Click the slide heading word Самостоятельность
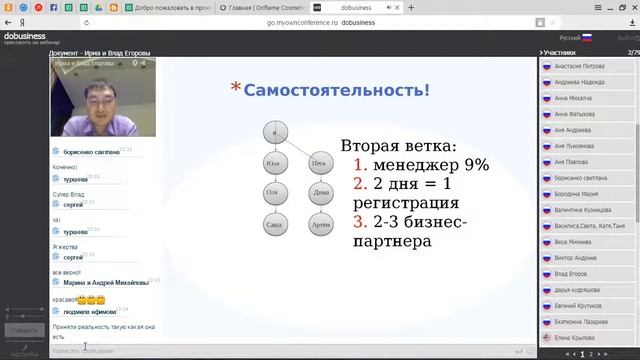pos(337,90)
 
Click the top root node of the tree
pos(275,130)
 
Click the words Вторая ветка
pos(397,146)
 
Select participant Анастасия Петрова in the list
pos(581,68)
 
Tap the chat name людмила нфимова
pos(90,313)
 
